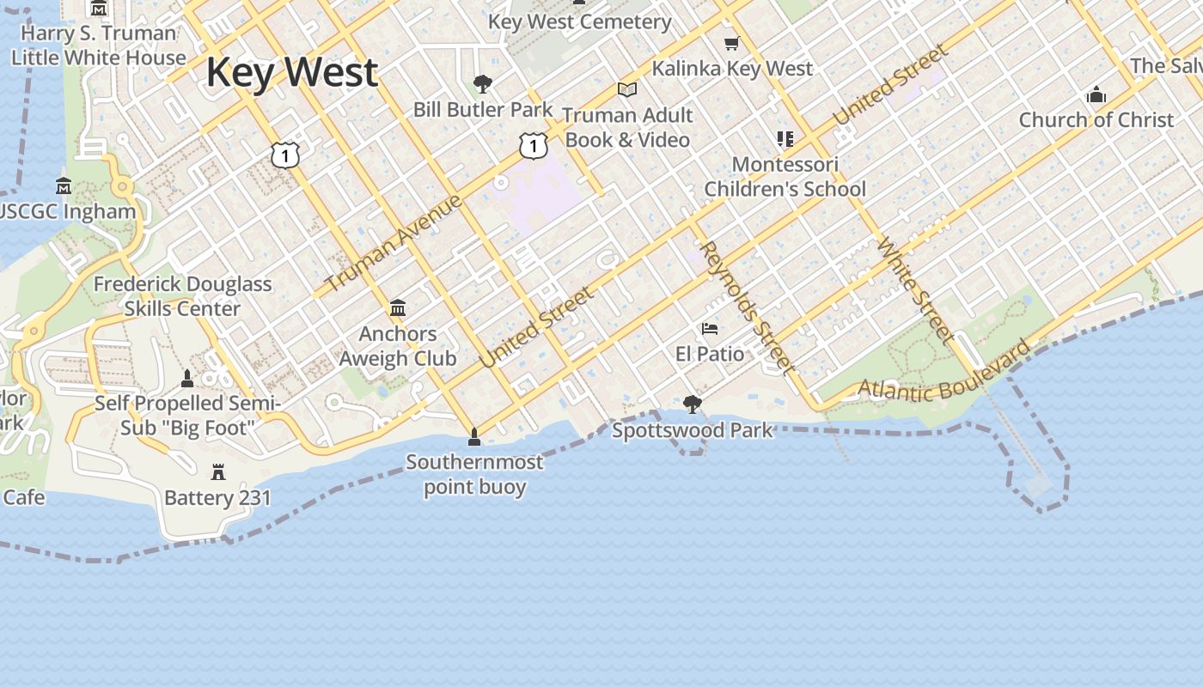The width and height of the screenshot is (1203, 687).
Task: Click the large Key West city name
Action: [292, 72]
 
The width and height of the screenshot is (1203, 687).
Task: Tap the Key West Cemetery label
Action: [580, 21]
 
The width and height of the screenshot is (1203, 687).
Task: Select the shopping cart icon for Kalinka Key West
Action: [731, 43]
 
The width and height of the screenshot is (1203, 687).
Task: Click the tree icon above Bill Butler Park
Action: [483, 84]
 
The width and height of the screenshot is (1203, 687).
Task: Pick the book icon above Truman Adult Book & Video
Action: [627, 89]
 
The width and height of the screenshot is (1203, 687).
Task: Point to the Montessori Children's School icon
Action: [785, 138]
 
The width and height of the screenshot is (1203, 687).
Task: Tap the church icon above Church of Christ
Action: [1096, 94]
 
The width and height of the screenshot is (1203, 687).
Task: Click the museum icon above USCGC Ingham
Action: [64, 186]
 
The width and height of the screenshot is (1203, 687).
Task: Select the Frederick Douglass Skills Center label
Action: [182, 296]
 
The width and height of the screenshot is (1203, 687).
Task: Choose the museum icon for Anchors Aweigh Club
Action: [398, 307]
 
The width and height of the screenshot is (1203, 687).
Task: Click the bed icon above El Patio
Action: [710, 328]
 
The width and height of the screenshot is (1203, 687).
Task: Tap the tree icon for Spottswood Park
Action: [692, 404]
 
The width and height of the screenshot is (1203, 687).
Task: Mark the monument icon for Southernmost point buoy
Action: [473, 437]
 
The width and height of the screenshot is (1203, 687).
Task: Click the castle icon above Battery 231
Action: [217, 471]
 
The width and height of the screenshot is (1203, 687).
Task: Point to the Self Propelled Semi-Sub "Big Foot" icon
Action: [187, 378]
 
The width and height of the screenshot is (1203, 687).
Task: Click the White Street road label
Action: [915, 290]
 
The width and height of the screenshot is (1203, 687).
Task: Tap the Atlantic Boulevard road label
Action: [944, 374]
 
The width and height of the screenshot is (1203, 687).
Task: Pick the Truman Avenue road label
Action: [394, 243]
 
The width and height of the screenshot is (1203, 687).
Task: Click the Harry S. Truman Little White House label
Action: [98, 46]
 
